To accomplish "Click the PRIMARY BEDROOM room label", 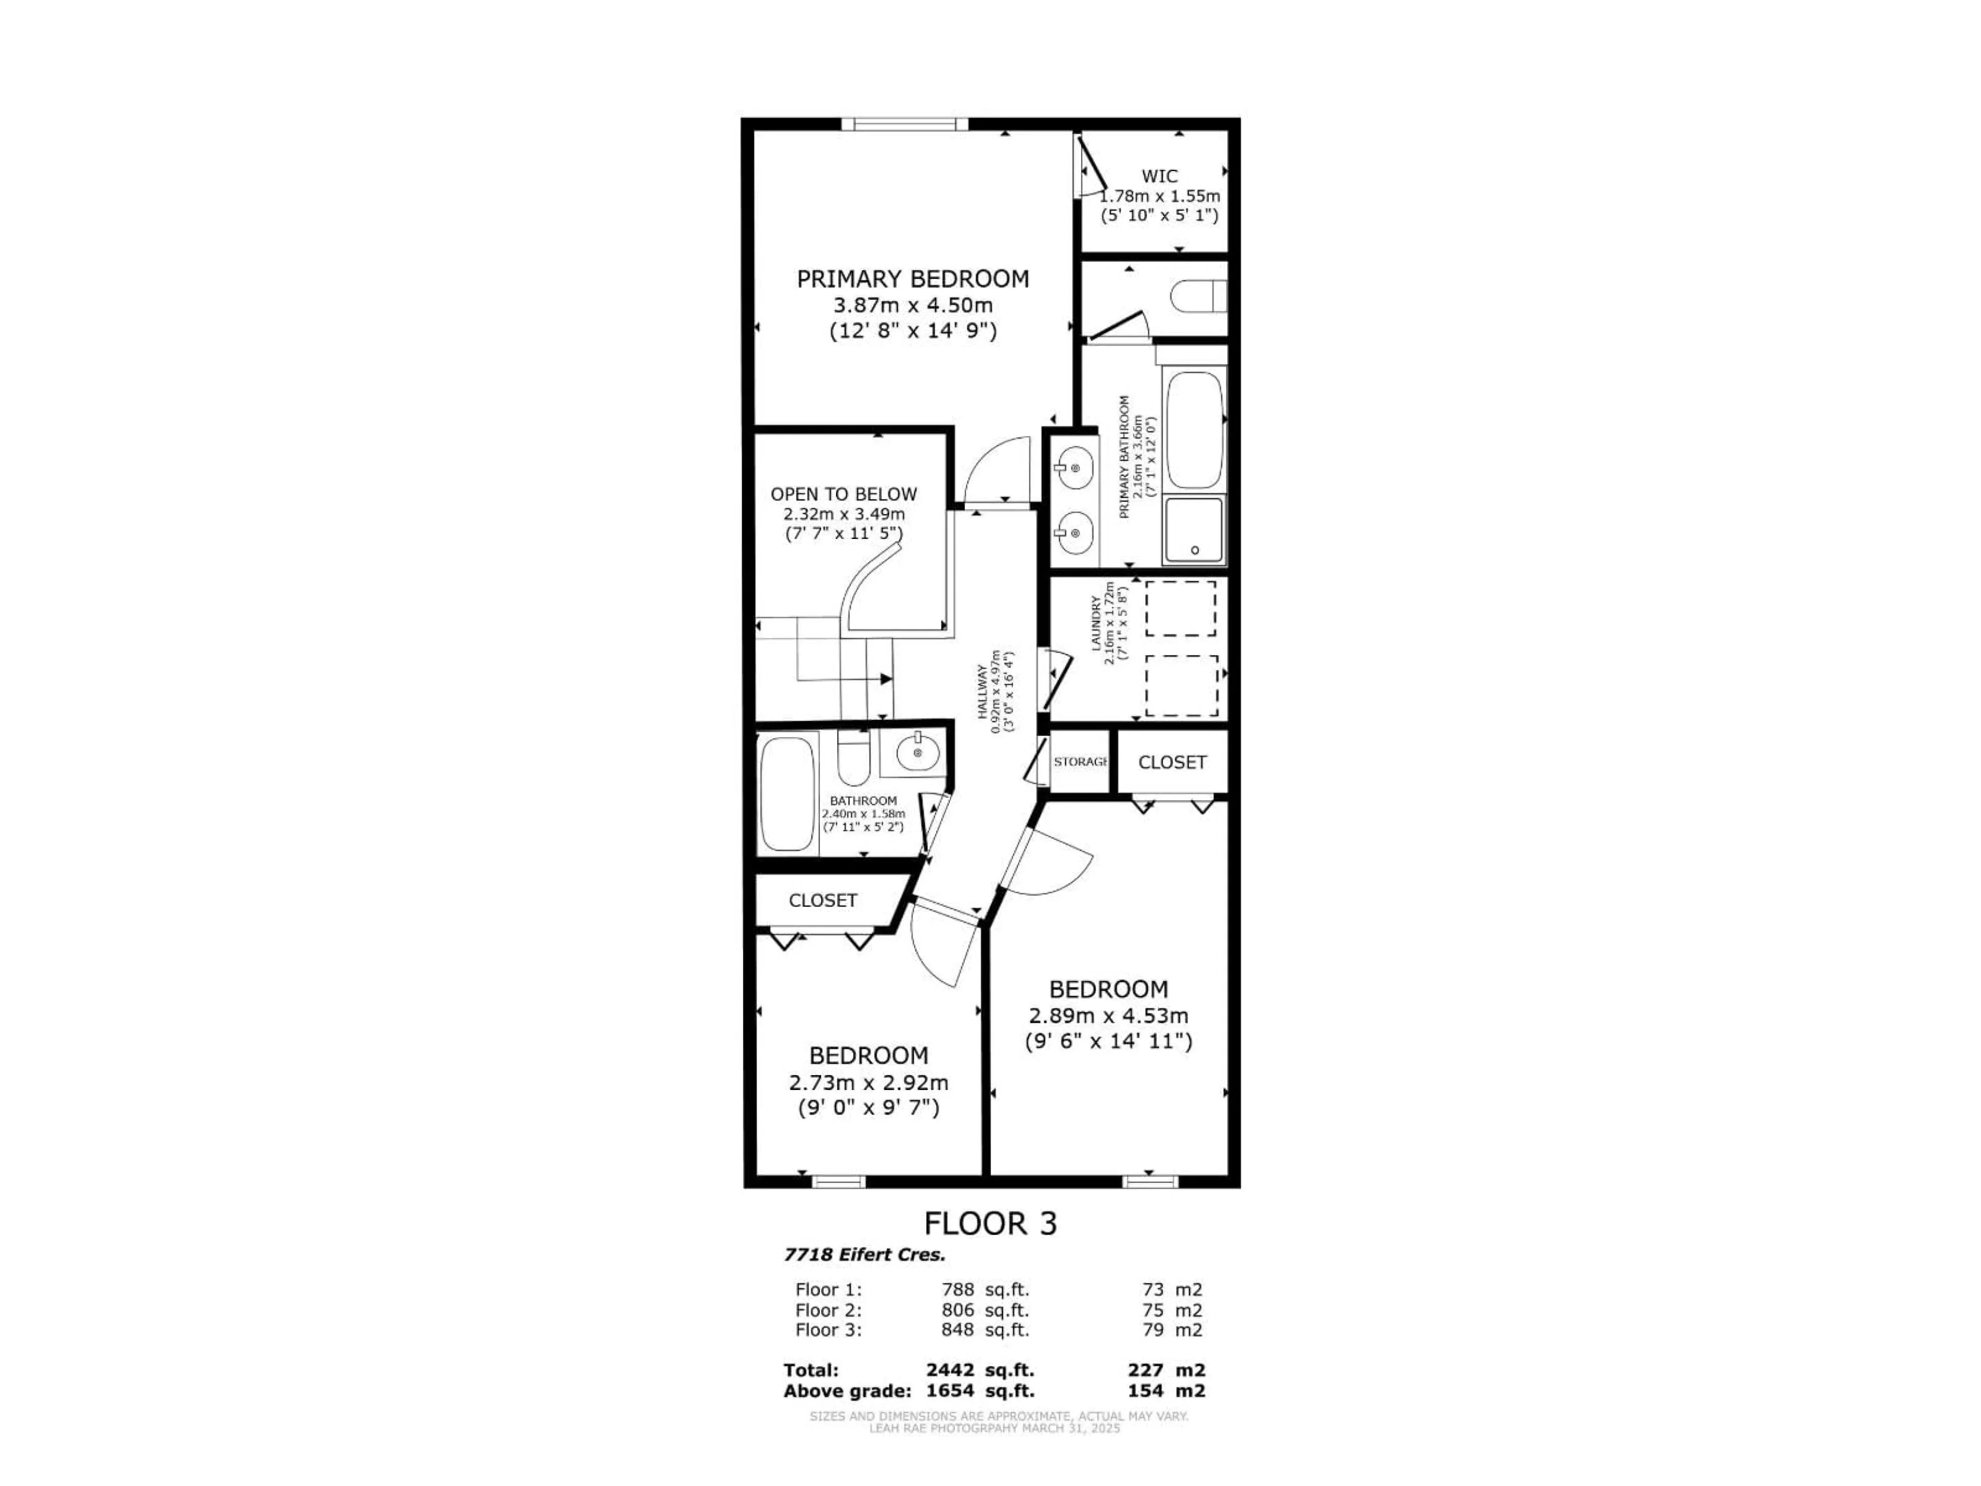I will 913,279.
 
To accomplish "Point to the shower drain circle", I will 1195,550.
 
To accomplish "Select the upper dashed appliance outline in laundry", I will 1180,608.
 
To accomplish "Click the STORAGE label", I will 1081,762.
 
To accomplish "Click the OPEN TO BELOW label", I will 843,494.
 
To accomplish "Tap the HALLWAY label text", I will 982,692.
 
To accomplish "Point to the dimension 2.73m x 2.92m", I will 868,1082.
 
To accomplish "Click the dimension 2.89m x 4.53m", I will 1108,1016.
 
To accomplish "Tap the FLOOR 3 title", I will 989,1223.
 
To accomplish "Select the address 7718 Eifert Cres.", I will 864,1255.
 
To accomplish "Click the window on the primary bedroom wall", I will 904,124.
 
